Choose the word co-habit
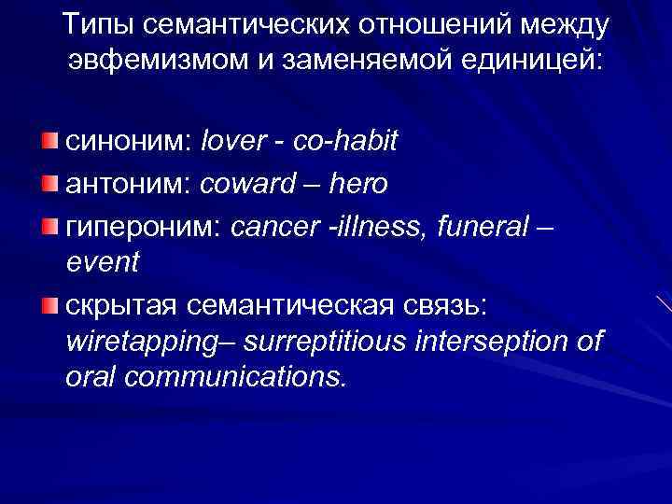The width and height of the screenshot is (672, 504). pyautogui.click(x=345, y=141)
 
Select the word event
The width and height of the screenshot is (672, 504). pyautogui.click(x=102, y=262)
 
